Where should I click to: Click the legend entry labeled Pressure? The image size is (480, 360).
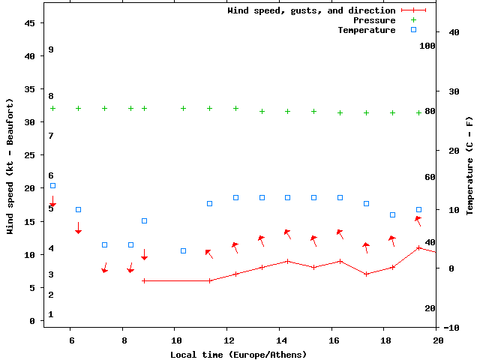pyautogui.click(x=373, y=20)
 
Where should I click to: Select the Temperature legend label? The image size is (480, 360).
pyautogui.click(x=366, y=30)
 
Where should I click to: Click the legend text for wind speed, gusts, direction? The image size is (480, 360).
pyautogui.click(x=311, y=10)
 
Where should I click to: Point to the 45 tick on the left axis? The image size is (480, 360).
pyautogui.click(x=30, y=23)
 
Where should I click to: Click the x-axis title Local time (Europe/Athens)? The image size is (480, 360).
pyautogui.click(x=238, y=354)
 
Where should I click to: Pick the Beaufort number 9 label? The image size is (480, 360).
pyautogui.click(x=51, y=49)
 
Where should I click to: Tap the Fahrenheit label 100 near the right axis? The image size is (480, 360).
pyautogui.click(x=427, y=46)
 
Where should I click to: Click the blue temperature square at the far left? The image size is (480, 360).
pyautogui.click(x=52, y=185)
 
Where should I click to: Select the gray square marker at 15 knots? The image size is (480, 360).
pyautogui.click(x=145, y=220)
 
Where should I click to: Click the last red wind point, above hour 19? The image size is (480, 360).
pyautogui.click(x=419, y=247)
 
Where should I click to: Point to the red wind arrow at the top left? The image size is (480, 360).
pyautogui.click(x=52, y=201)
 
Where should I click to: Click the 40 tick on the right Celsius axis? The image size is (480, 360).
pyautogui.click(x=454, y=32)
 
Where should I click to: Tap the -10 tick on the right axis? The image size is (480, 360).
pyautogui.click(x=451, y=328)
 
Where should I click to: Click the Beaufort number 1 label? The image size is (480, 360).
pyautogui.click(x=51, y=314)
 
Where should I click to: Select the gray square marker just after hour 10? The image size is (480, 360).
pyautogui.click(x=183, y=250)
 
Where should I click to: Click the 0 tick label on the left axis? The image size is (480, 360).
pyautogui.click(x=32, y=321)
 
